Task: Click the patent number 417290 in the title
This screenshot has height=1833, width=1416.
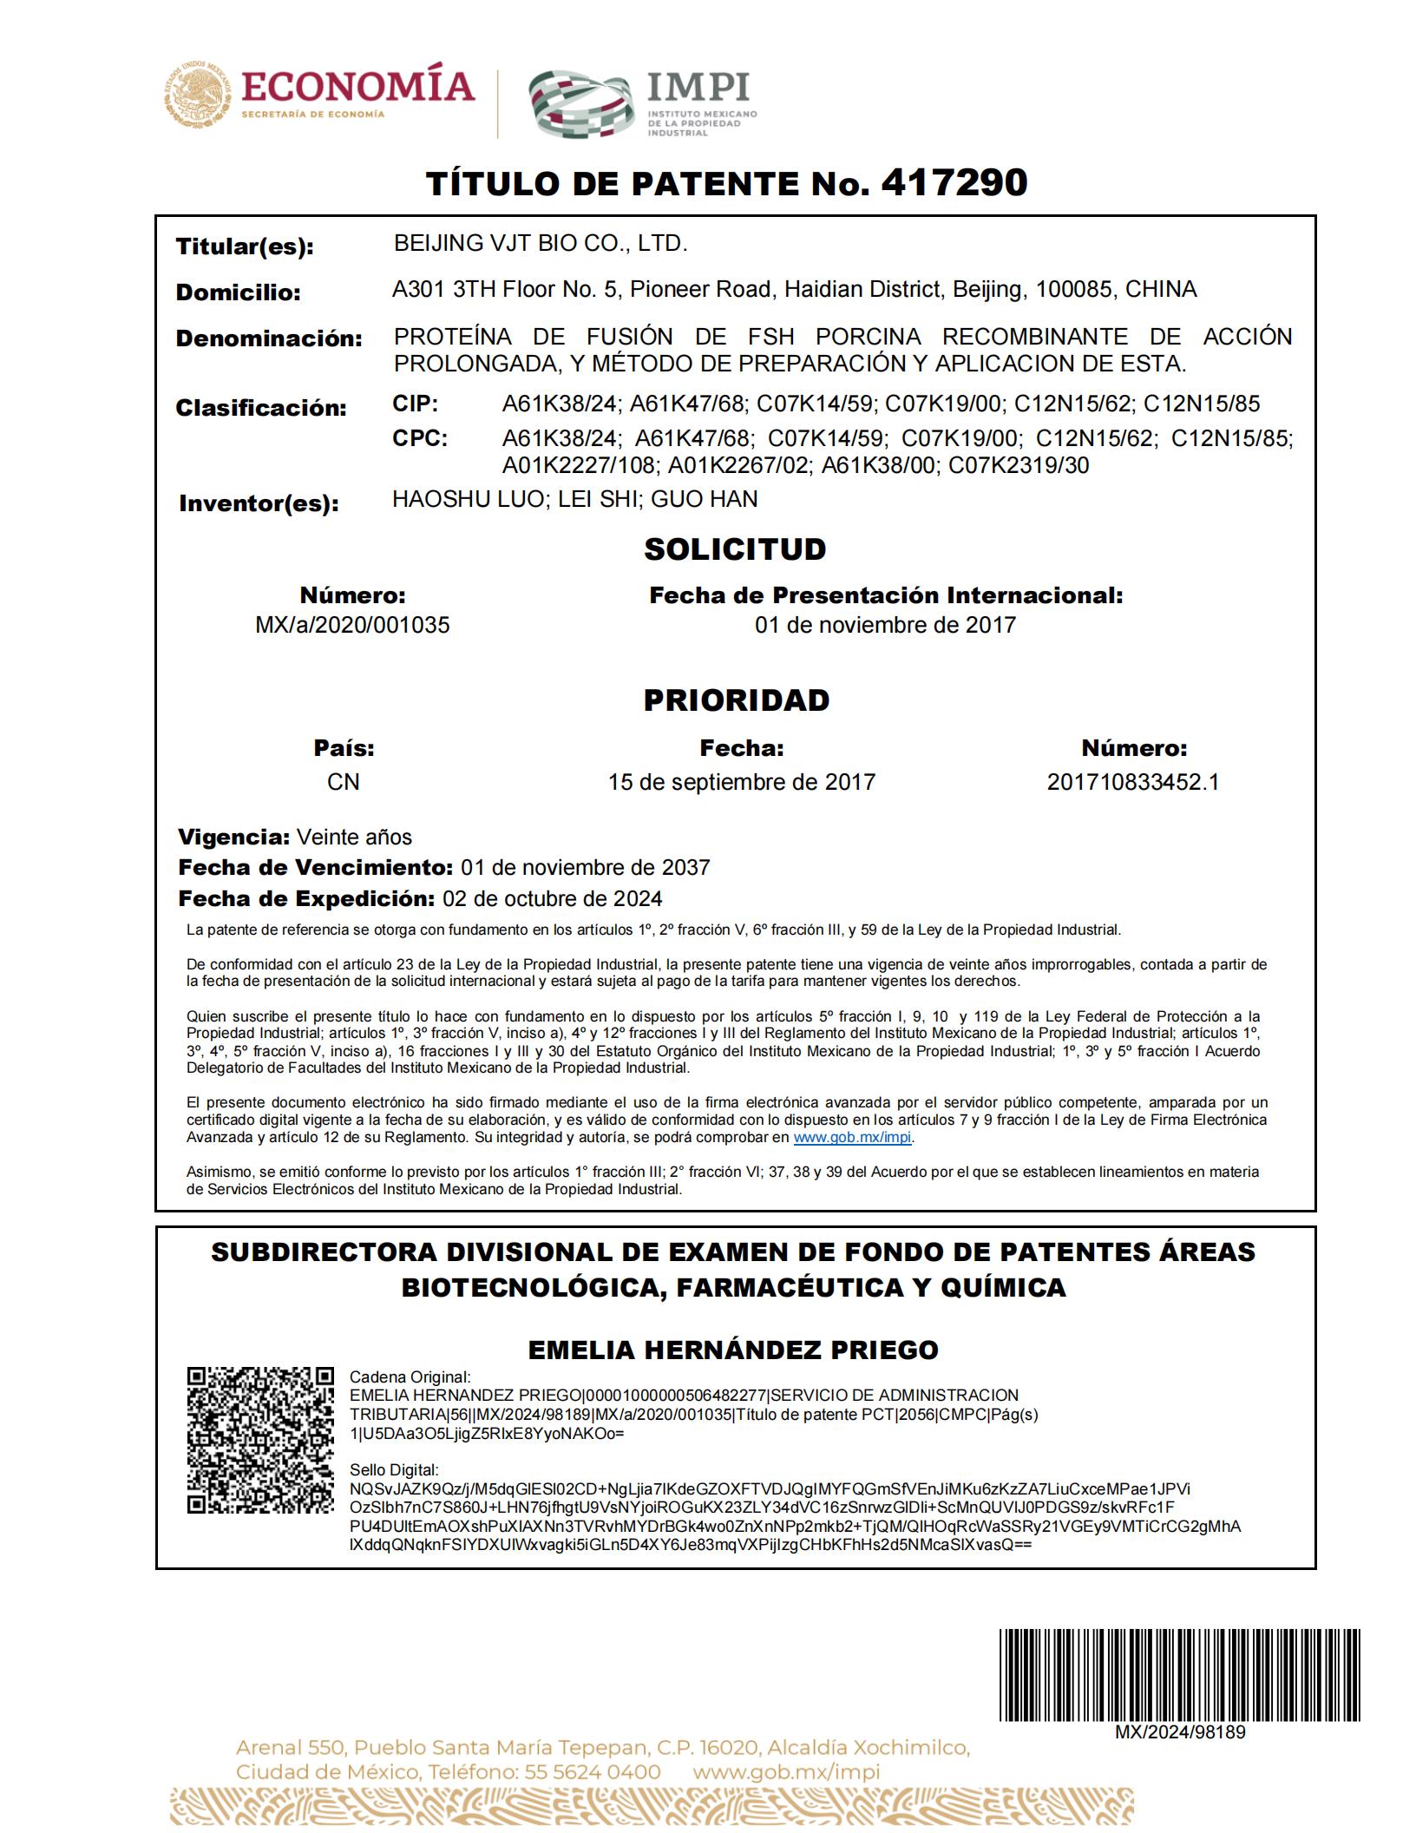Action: point(954,182)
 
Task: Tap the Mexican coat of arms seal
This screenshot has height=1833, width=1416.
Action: point(197,95)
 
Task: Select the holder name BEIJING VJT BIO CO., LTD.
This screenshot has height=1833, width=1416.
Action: point(540,244)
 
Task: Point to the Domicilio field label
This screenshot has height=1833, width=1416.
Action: point(239,292)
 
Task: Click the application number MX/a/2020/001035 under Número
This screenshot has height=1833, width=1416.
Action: point(352,626)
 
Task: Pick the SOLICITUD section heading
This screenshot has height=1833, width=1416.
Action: point(735,549)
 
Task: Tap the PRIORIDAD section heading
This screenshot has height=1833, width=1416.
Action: point(736,700)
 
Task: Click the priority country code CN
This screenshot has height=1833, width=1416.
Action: point(344,782)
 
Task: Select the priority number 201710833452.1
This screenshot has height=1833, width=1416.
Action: point(1133,782)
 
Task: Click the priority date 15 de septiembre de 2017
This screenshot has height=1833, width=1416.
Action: point(742,782)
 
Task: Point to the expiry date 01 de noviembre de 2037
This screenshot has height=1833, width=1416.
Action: point(585,867)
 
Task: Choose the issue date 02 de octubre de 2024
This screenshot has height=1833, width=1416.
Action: point(552,898)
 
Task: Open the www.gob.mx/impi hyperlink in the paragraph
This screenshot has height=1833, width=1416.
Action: point(852,1137)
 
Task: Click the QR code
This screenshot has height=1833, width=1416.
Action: point(260,1441)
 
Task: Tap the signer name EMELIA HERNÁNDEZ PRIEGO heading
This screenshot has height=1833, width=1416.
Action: point(733,1350)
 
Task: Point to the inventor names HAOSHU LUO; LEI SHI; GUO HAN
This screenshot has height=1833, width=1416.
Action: point(575,499)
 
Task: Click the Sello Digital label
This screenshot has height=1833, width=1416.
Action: point(394,1470)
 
